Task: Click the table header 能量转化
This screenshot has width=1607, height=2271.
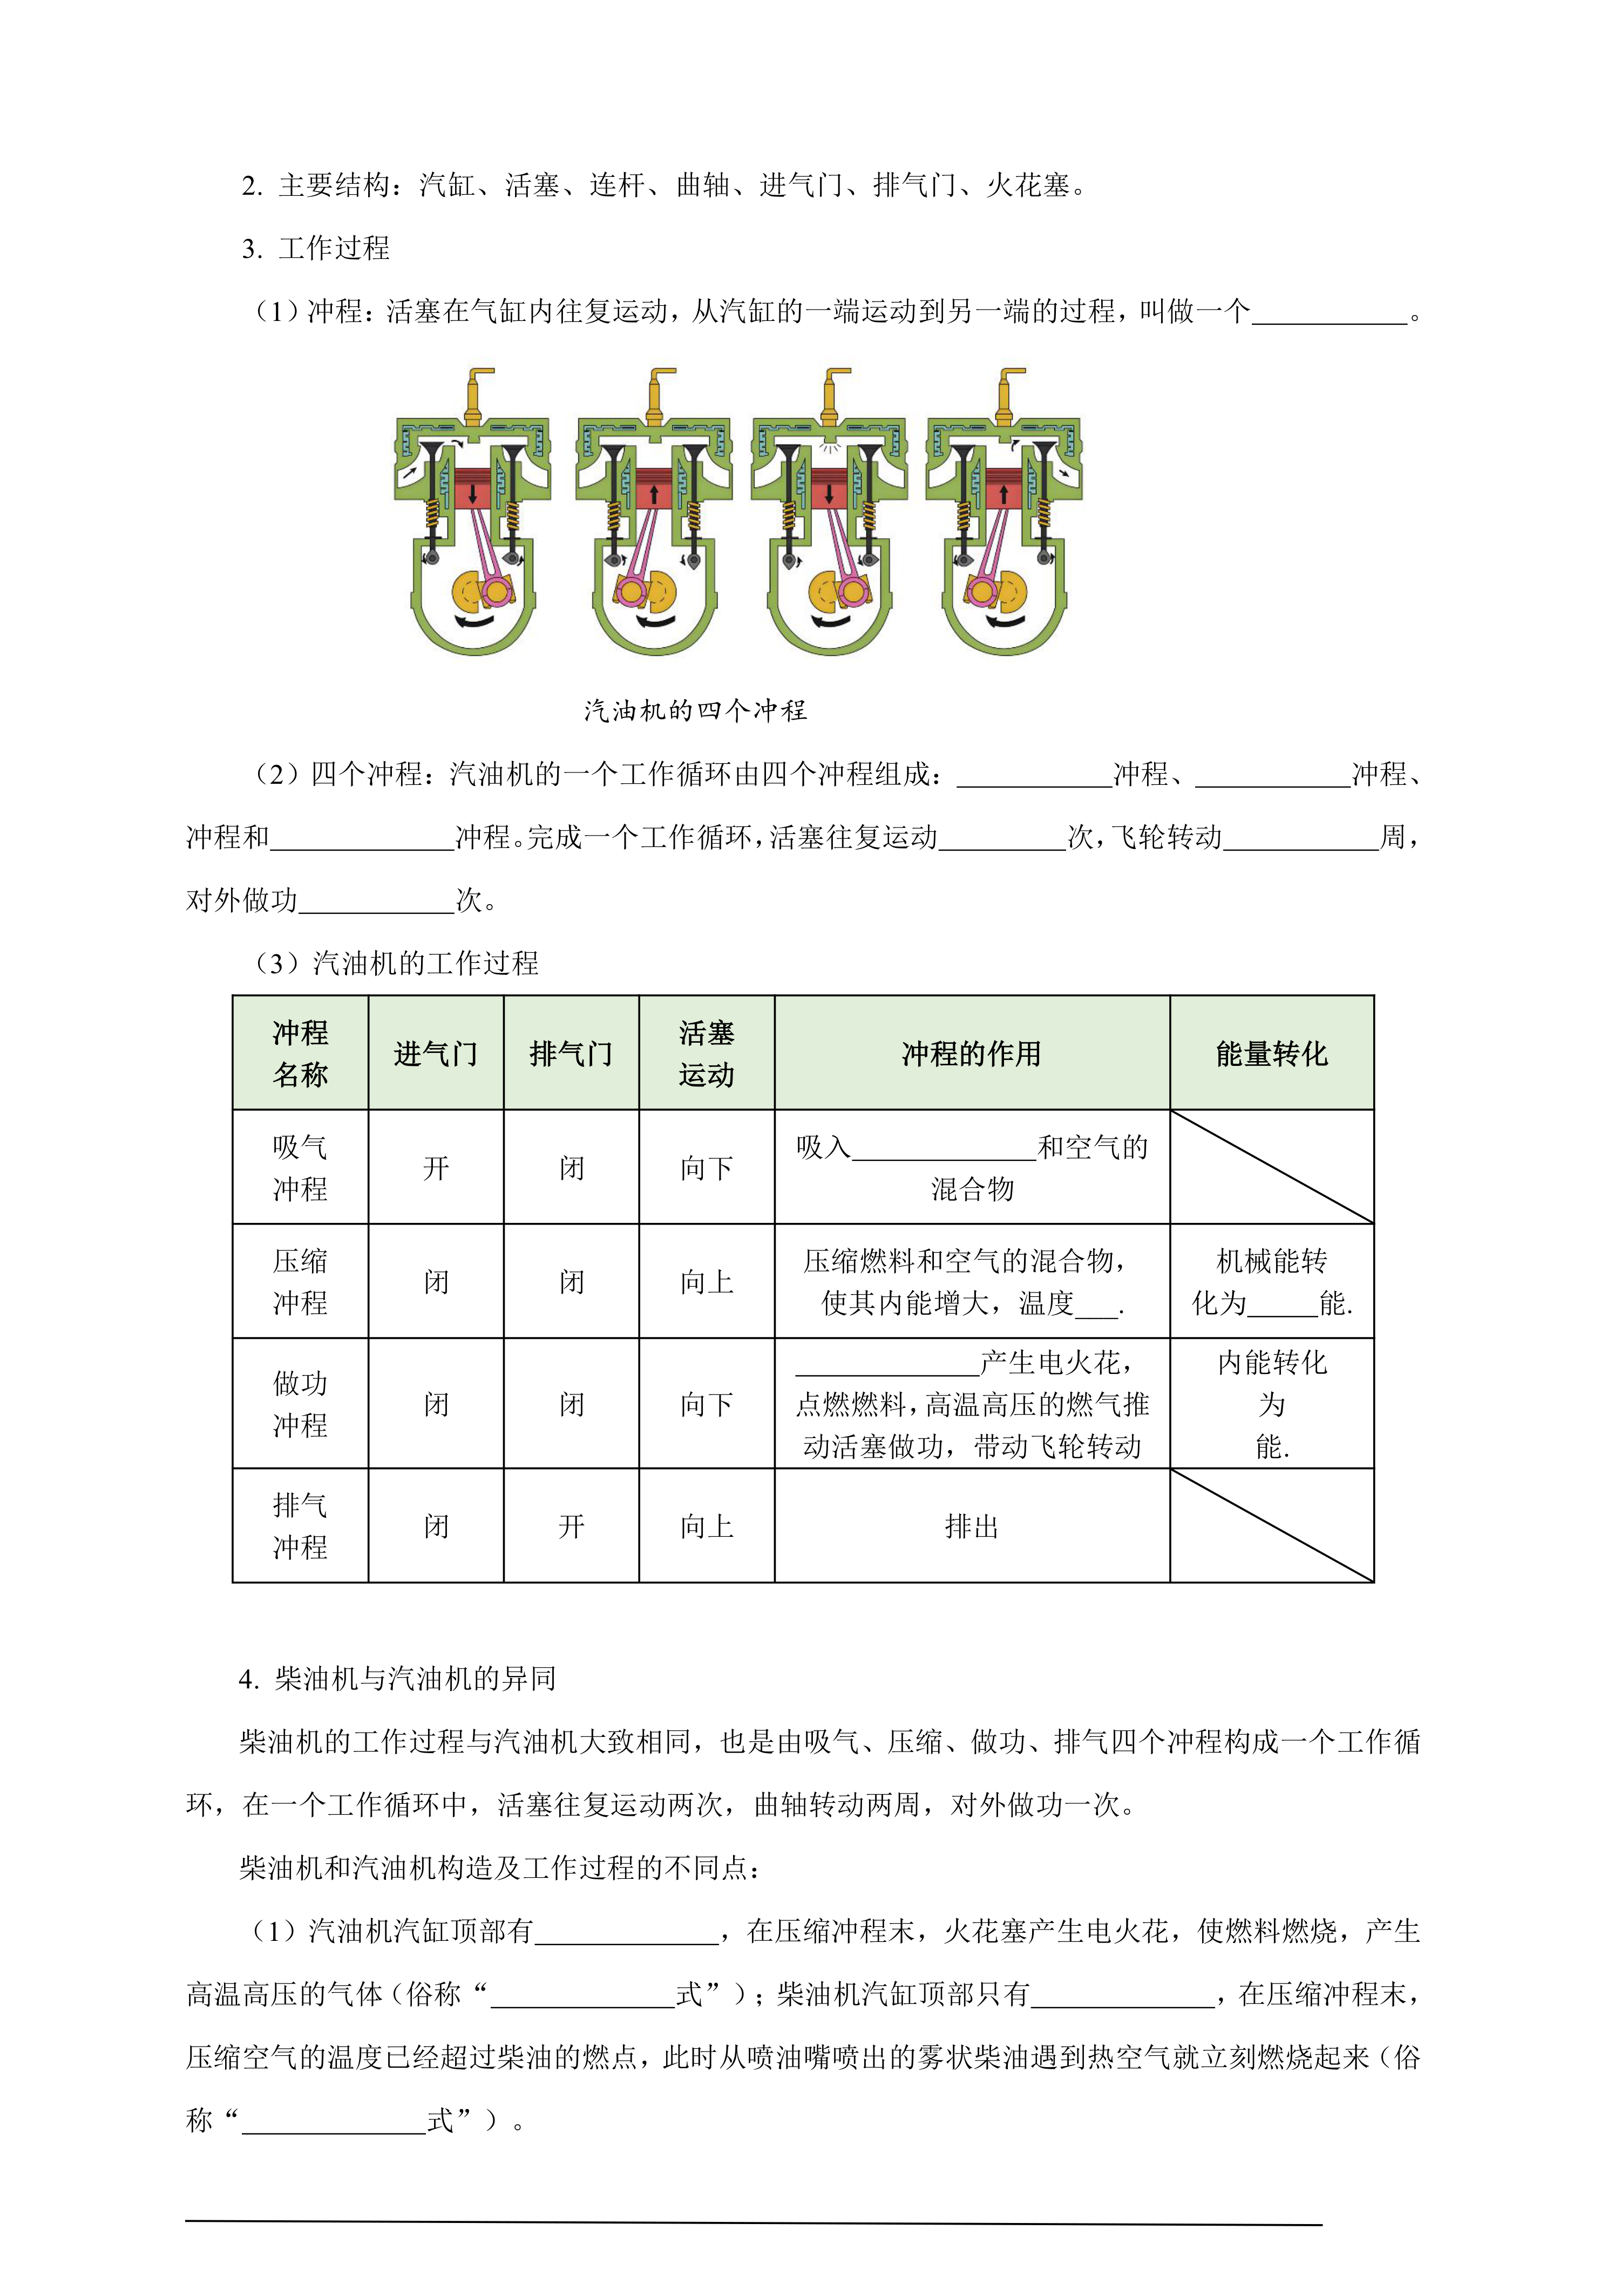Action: click(x=1272, y=1054)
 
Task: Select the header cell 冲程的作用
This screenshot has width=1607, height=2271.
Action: click(x=971, y=1054)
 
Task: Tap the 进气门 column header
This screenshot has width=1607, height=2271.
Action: click(x=436, y=1054)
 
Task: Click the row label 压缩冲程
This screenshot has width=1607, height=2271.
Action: click(x=300, y=1282)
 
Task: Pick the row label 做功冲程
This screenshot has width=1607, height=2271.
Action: click(x=300, y=1404)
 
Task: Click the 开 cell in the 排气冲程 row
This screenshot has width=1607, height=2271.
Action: click(x=571, y=1526)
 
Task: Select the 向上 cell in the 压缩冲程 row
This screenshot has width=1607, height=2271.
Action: click(x=707, y=1282)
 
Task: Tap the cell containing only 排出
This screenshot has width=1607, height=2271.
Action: click(x=971, y=1526)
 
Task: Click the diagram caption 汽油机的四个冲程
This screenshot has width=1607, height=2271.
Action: click(x=695, y=710)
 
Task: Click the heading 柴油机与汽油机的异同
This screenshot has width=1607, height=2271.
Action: click(x=416, y=1679)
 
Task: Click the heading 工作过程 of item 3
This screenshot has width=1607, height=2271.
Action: click(x=335, y=248)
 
